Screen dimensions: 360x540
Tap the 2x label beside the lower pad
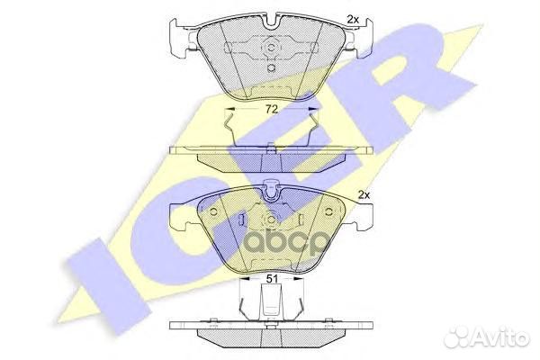click(363, 194)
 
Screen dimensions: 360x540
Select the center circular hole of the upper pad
click(270, 49)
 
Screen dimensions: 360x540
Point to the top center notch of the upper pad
click(270, 19)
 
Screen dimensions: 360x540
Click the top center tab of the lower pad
click(269, 190)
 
